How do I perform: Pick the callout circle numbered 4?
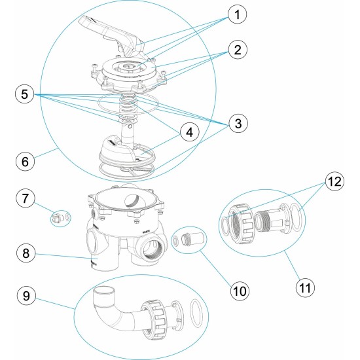tap(189, 132)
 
